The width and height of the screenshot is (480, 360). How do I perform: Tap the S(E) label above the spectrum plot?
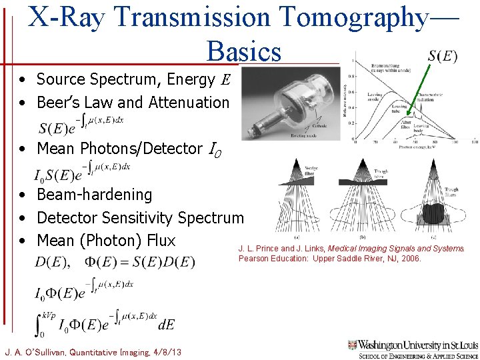pos(442,56)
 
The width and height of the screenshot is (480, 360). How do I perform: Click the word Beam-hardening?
pos(94,195)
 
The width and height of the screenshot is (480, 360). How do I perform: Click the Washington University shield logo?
pos(353,345)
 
